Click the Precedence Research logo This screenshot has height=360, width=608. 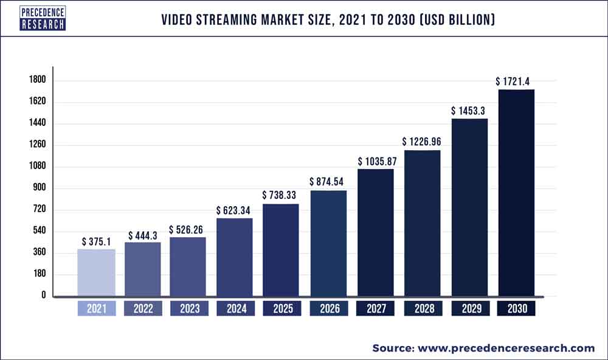[x=43, y=18]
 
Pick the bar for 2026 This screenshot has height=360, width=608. [x=328, y=243]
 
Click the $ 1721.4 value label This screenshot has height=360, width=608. [x=516, y=81]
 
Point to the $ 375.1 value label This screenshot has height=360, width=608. [x=96, y=241]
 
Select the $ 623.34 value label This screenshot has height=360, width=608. [x=235, y=210]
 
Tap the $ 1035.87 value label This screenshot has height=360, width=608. [x=376, y=161]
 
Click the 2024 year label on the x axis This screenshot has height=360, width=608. [x=235, y=309]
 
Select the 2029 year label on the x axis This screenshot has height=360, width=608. [x=469, y=309]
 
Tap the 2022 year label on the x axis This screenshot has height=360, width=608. [x=143, y=309]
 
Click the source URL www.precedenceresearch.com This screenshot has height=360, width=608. [x=505, y=348]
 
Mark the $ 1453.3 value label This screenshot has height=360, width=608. [x=469, y=111]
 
